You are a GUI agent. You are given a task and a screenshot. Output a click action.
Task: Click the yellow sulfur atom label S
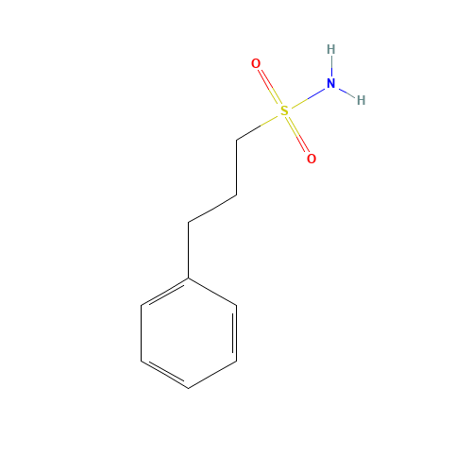click(x=284, y=110)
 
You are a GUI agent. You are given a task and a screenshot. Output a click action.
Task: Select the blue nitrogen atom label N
click(x=330, y=84)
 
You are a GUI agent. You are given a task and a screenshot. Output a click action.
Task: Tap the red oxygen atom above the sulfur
click(x=256, y=63)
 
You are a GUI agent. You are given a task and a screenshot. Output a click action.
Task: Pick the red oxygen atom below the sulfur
click(x=311, y=159)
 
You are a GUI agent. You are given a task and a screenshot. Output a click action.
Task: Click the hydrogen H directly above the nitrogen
click(x=330, y=49)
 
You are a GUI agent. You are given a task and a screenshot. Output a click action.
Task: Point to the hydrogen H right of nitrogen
click(x=361, y=99)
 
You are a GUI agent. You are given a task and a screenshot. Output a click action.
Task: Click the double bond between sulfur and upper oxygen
click(x=269, y=87)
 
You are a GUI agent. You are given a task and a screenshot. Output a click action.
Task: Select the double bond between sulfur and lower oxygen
click(x=297, y=135)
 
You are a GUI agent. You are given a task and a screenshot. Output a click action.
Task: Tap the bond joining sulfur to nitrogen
click(x=307, y=97)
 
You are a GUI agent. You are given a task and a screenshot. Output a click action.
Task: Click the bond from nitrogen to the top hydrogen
click(x=330, y=67)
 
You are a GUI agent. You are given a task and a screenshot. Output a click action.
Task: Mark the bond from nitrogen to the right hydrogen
click(x=346, y=92)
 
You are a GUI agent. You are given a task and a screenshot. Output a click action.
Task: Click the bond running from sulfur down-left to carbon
click(x=261, y=126)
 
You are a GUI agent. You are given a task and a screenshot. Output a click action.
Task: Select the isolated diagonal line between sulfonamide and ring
click(x=212, y=208)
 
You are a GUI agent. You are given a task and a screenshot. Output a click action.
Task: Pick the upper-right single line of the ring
click(x=212, y=292)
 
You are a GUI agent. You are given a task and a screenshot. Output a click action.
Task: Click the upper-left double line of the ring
click(x=165, y=292)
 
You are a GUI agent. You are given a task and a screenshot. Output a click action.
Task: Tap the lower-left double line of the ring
click(x=165, y=374)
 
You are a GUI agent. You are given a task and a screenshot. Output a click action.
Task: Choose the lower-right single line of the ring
click(x=212, y=374)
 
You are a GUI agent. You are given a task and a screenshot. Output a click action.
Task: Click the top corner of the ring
click(x=189, y=278)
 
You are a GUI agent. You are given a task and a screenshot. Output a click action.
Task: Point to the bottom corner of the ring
click(x=189, y=388)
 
